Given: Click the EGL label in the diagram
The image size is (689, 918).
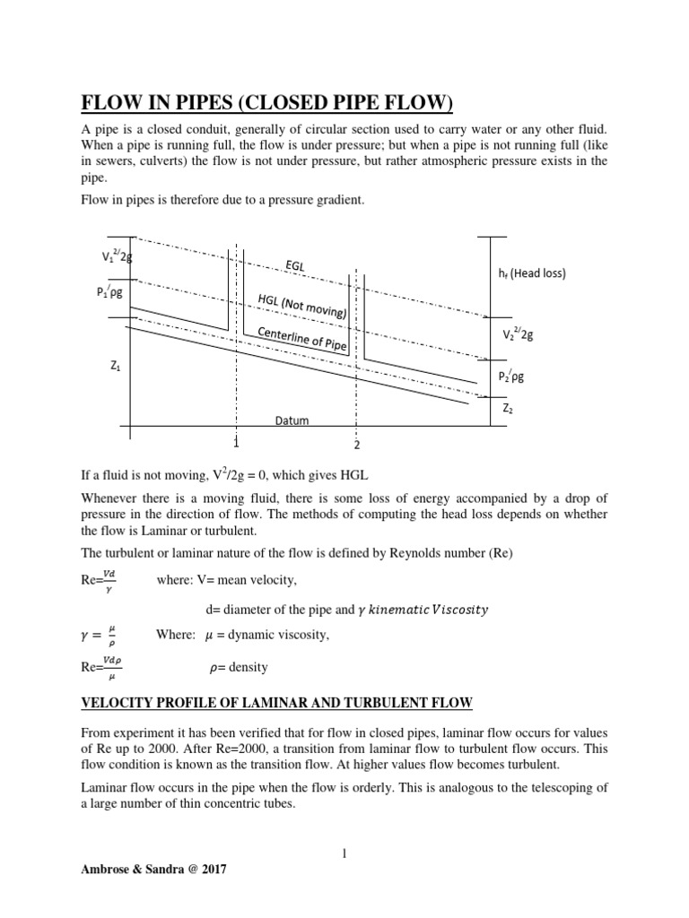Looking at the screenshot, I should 296,266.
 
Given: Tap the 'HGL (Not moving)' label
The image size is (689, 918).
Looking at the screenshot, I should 302,304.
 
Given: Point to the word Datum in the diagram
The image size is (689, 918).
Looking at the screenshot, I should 292,420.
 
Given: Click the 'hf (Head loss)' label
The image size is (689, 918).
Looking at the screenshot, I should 532,273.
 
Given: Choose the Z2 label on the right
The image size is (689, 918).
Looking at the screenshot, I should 509,408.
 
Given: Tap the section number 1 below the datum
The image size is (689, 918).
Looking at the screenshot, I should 236,443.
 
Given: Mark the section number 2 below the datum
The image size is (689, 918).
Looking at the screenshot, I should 356,446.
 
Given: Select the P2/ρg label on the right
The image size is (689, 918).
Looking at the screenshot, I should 511,377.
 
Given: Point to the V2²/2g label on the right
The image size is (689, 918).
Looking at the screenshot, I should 518,335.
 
